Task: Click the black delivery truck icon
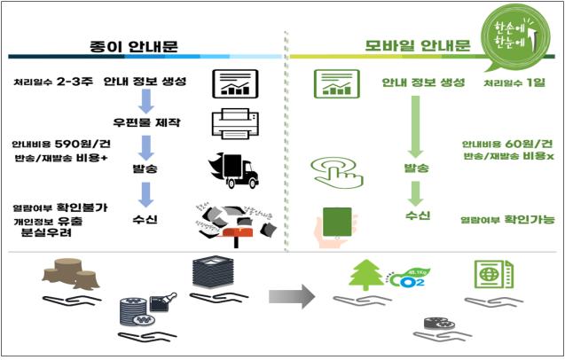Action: pyautogui.click(x=230, y=169)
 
